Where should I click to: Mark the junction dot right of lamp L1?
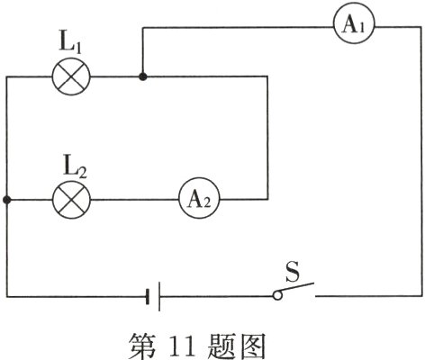[x=141, y=77]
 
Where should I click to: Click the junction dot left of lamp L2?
[x=7, y=199]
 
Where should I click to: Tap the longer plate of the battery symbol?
[x=158, y=295]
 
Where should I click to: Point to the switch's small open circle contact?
[x=277, y=295]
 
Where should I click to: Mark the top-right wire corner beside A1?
[x=420, y=26]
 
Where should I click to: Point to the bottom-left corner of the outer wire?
[x=7, y=295]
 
